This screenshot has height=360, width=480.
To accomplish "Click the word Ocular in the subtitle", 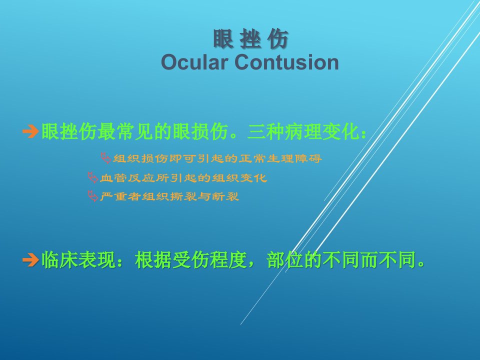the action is click(x=194, y=62).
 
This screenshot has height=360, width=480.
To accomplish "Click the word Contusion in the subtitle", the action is click(x=286, y=62).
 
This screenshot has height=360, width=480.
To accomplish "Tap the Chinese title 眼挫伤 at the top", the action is click(x=250, y=39).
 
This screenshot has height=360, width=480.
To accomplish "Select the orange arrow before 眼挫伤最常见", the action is click(x=30, y=131).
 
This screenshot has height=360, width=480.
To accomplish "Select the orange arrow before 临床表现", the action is click(x=30, y=260).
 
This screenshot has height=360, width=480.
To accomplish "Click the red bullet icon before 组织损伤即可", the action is click(x=106, y=158).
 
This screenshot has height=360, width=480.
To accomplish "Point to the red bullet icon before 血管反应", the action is click(x=92, y=177).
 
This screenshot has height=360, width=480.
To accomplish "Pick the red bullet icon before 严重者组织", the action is click(x=92, y=196).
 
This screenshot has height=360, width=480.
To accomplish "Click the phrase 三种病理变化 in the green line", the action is click(x=303, y=131).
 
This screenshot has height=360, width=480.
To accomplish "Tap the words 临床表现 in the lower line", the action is click(x=78, y=260).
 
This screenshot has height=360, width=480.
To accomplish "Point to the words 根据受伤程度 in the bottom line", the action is click(x=191, y=260).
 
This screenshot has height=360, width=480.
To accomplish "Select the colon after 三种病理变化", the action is click(x=363, y=134).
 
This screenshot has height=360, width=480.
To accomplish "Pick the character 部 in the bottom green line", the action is click(x=276, y=260).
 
